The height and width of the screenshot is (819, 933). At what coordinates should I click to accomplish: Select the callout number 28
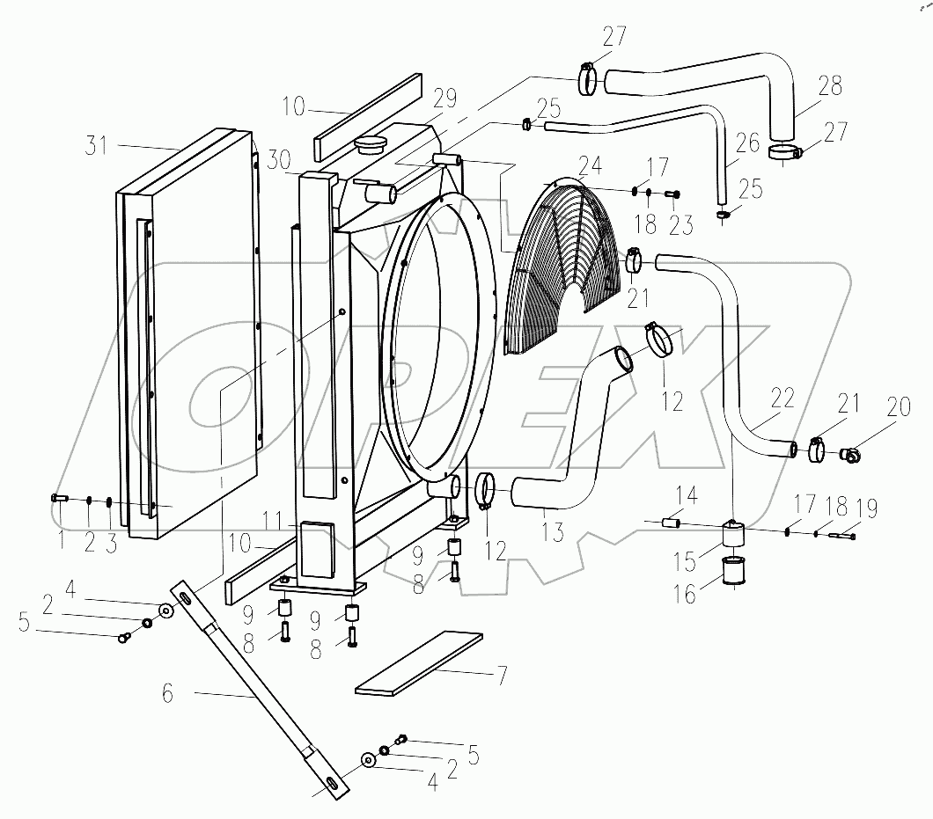829,86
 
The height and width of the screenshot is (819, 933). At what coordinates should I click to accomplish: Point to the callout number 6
168,694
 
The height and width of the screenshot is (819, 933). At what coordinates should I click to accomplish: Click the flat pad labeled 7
419,661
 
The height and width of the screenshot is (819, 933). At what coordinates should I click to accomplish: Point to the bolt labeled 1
59,499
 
